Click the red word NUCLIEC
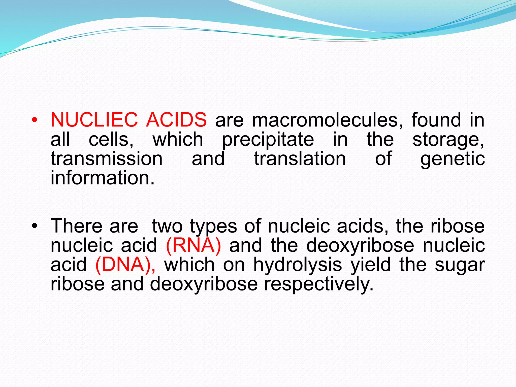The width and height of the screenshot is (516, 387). point(94,120)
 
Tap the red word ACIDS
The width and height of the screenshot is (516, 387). point(176,120)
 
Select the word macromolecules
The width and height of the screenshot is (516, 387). point(327,120)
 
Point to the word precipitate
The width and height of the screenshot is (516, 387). point(268,140)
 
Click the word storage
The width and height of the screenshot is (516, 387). point(448,140)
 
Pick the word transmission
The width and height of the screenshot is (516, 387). point(107,159)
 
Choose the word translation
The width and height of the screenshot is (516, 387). point(300,159)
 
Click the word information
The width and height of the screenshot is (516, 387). point(102,178)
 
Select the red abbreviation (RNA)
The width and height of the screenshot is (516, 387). point(193,245)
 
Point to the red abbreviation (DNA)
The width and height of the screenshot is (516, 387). point(125,265)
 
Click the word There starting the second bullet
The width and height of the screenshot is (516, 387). point(76,226)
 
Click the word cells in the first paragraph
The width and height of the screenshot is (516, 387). point(111,140)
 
